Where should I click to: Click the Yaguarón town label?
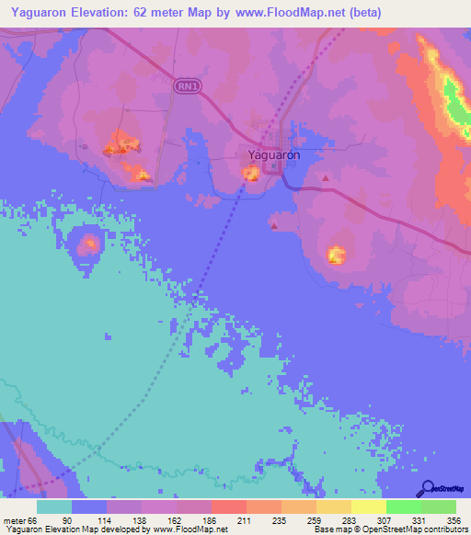274,155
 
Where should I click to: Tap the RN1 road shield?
186,85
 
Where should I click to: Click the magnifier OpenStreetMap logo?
426,489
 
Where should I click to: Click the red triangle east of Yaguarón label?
325,177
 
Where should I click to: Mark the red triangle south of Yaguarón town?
273,225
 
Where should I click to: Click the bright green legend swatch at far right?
438,507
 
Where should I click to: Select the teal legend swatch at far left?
54,507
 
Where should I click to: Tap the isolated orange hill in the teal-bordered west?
89,244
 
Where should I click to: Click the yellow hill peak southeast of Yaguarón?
337,254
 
